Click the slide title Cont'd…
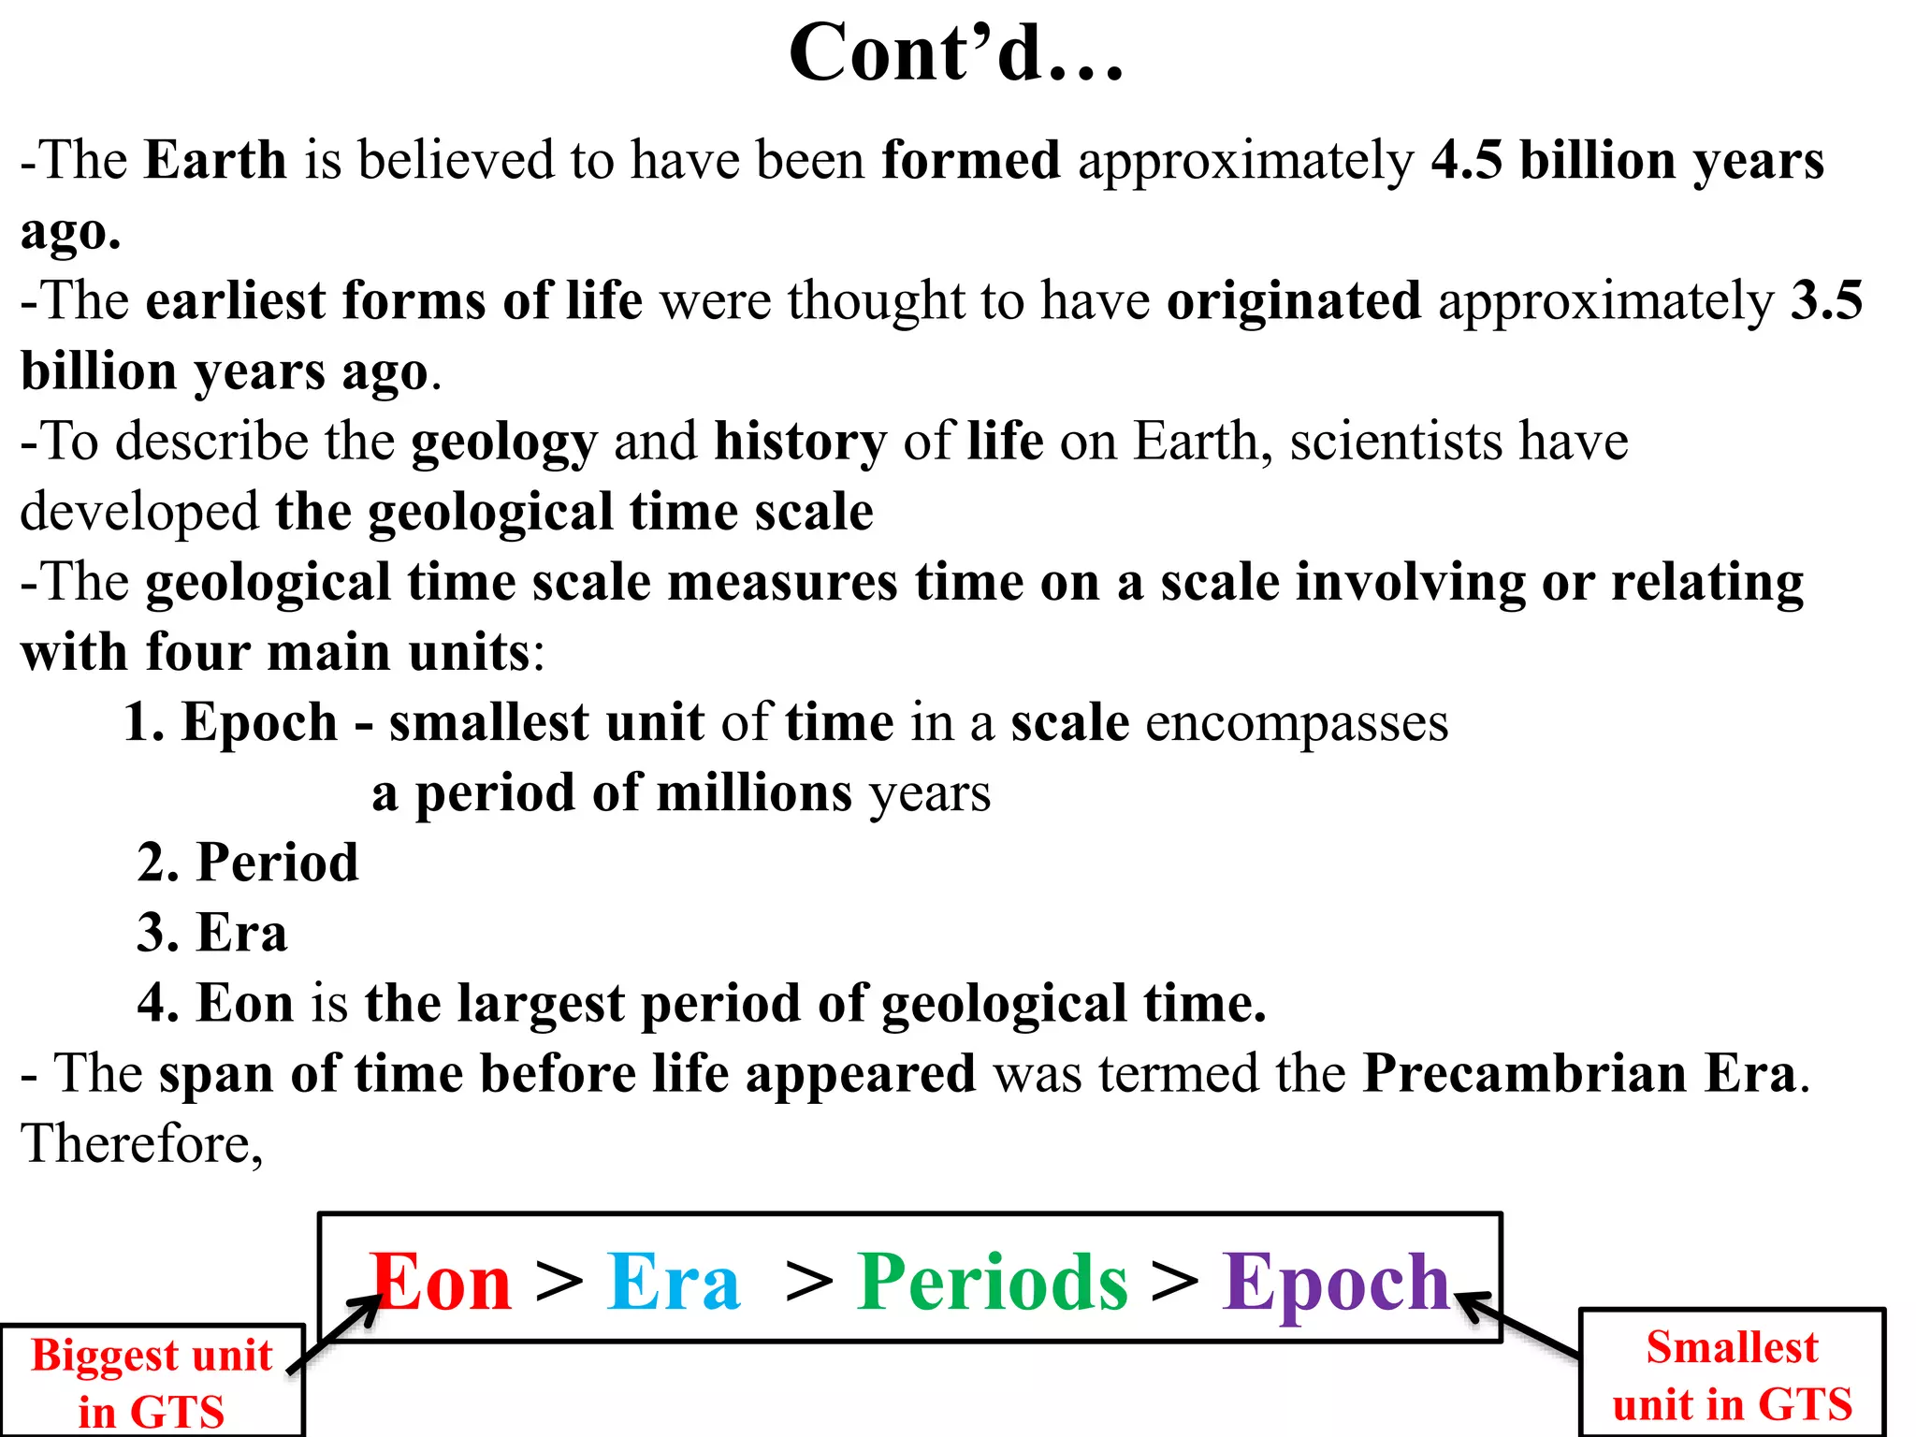click(x=956, y=54)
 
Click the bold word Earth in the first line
click(x=215, y=160)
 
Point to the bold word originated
click(x=1293, y=301)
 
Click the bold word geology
click(x=503, y=442)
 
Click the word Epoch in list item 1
click(x=259, y=723)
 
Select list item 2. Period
click(x=248, y=863)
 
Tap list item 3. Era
click(x=212, y=933)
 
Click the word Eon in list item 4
click(x=244, y=1003)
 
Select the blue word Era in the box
click(x=674, y=1282)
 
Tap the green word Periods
click(x=993, y=1282)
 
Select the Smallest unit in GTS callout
click(x=1732, y=1374)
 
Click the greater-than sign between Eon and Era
click(x=559, y=1280)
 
